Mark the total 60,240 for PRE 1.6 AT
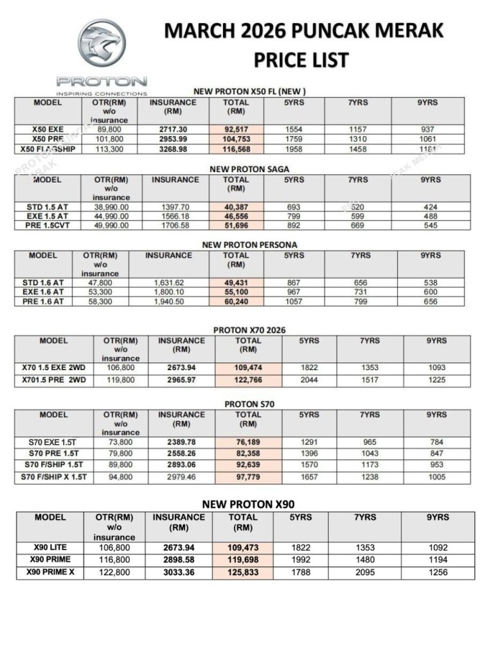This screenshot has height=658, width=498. click(235, 301)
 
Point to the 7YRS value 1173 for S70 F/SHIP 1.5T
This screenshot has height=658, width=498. click(368, 465)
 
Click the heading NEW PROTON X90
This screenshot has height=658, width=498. click(249, 504)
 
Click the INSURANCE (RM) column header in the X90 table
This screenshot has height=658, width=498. click(179, 522)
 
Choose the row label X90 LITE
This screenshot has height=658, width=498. click(51, 547)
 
